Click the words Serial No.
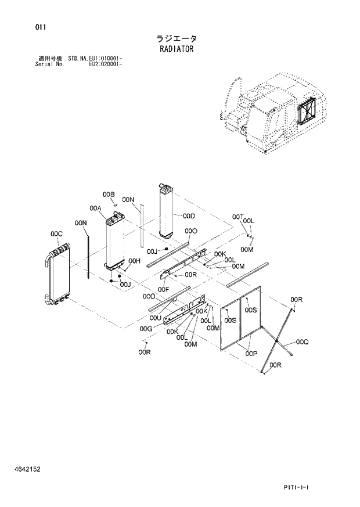(50, 64)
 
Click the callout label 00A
(96, 208)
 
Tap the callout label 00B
(109, 194)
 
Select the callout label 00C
(56, 234)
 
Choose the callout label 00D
(188, 217)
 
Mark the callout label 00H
(135, 261)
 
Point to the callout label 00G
(146, 329)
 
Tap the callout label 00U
(155, 318)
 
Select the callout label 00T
(237, 217)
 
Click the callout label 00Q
(302, 342)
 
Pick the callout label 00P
(251, 353)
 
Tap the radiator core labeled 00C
(59, 276)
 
